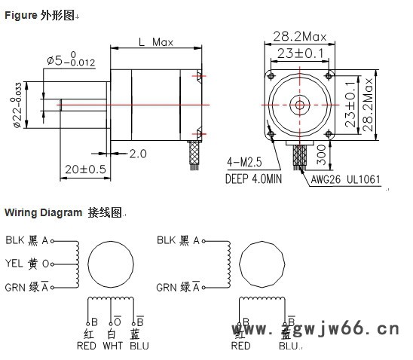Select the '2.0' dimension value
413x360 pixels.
[137, 154]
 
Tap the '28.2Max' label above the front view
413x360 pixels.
[299, 36]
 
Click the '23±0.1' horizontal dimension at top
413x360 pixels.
[298, 53]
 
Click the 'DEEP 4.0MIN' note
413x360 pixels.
[253, 179]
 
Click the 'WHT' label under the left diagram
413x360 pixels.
[112, 346]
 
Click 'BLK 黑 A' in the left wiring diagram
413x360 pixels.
[27, 241]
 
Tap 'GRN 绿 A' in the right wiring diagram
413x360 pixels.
[178, 287]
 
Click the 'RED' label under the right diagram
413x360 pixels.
[240, 346]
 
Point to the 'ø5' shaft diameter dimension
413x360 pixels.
[67, 59]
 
